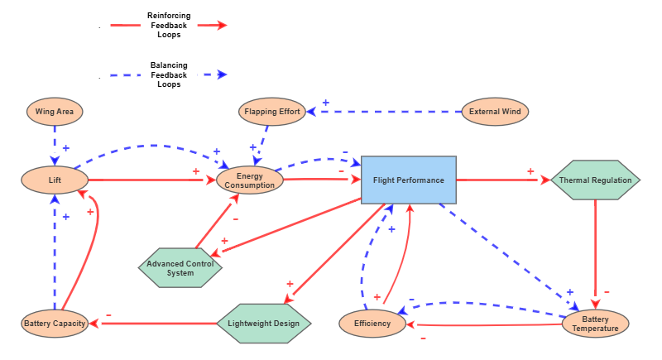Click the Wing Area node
(55, 111)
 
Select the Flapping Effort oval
(272, 111)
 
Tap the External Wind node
(494, 111)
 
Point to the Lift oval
(55, 180)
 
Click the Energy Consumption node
(250, 180)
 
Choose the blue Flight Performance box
(409, 180)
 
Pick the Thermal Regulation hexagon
(595, 180)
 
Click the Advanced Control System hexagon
(180, 268)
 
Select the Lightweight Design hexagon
(263, 323)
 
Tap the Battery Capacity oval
(55, 323)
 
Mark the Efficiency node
(372, 323)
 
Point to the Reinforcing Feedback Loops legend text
(167, 26)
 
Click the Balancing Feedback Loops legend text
(168, 74)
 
